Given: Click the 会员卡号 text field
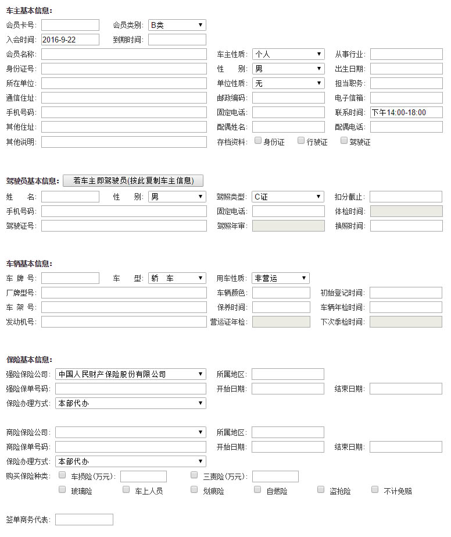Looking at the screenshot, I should pyautogui.click(x=70, y=25).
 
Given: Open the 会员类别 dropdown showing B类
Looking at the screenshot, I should pyautogui.click(x=177, y=25).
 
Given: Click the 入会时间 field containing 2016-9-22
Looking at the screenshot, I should pyautogui.click(x=70, y=40).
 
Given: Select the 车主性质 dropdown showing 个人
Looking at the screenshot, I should pyautogui.click(x=288, y=54).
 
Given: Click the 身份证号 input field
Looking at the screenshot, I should pyautogui.click(x=124, y=69).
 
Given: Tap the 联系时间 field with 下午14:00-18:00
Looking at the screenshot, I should pyautogui.click(x=406, y=112).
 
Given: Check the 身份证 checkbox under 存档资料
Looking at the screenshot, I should pyautogui.click(x=258, y=140).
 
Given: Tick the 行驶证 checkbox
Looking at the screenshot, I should pyautogui.click(x=301, y=140).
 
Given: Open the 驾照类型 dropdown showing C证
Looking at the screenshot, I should pyautogui.click(x=288, y=197).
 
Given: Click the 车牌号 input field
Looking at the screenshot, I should pyautogui.click(x=70, y=278).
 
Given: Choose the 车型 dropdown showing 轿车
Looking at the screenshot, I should pyautogui.click(x=177, y=278).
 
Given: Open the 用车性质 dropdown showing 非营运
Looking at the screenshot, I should pyautogui.click(x=281, y=278).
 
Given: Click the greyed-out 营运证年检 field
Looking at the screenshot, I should pyautogui.click(x=281, y=322).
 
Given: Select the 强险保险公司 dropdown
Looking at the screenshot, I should pyautogui.click(x=131, y=374).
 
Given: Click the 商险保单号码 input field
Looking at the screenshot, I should pyautogui.click(x=131, y=447).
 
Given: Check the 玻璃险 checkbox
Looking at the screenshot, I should pyautogui.click(x=62, y=489).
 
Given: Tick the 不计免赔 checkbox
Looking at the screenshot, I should pyautogui.click(x=375, y=489).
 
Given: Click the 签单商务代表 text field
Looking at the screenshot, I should pyautogui.click(x=84, y=520).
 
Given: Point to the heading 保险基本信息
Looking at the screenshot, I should pyautogui.click(x=29, y=360).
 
